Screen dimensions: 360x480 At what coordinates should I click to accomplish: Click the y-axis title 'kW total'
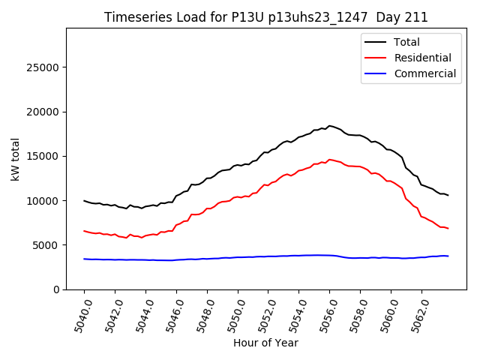click(16, 158)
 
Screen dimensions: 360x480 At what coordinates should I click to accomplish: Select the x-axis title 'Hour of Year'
click(265, 343)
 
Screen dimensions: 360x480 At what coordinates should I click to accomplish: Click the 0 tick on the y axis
click(58, 289)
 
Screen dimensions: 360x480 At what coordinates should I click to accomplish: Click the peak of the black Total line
click(329, 126)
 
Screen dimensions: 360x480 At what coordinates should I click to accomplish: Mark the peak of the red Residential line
click(329, 159)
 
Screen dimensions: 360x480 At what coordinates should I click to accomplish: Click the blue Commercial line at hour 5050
click(238, 257)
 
